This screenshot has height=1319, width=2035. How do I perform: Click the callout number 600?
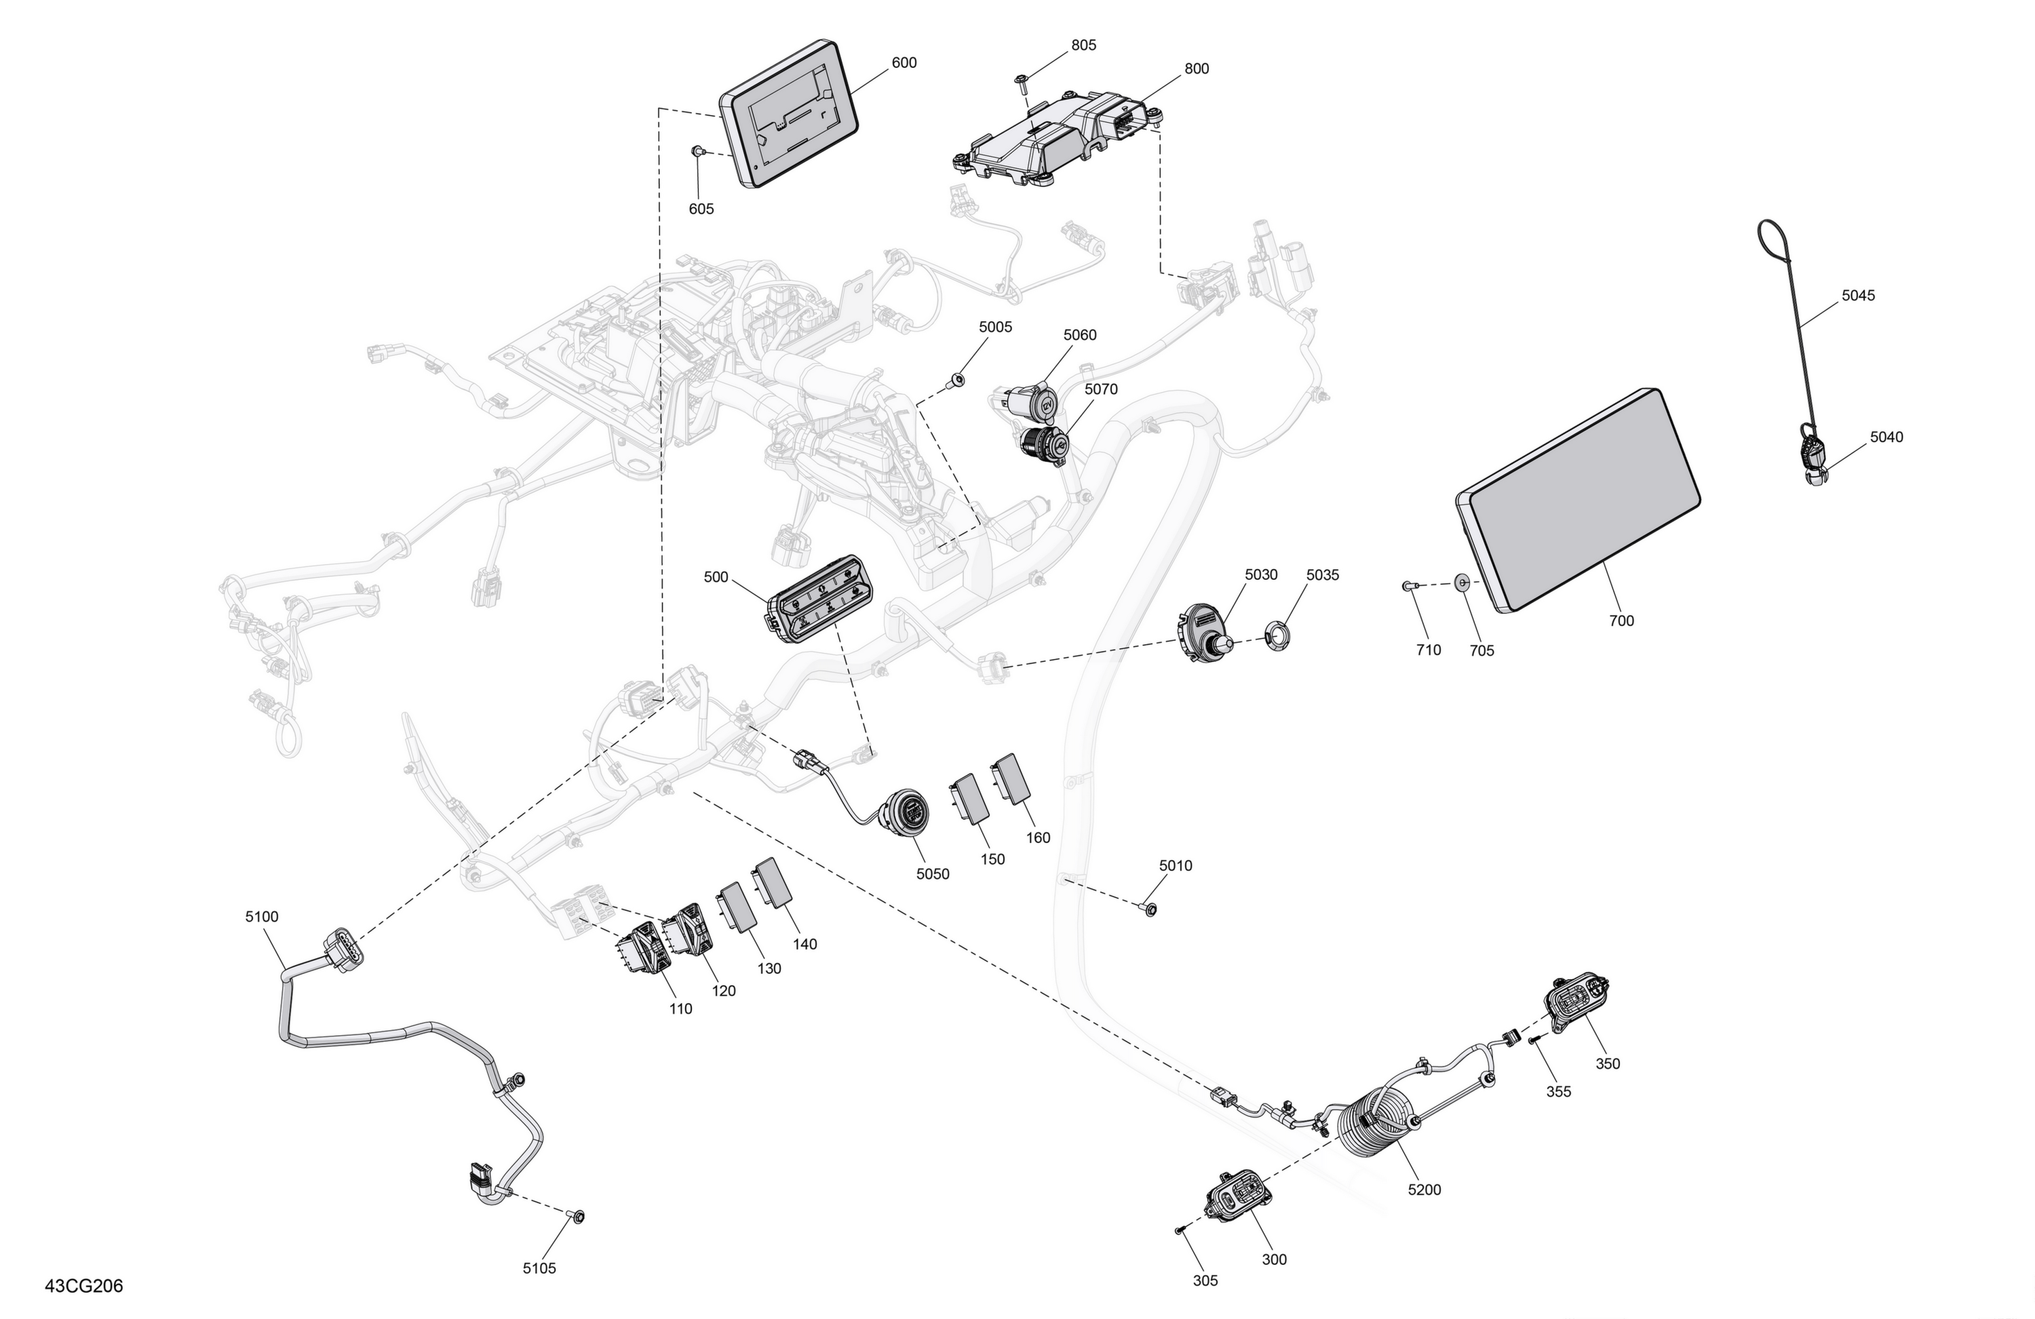pyautogui.click(x=904, y=62)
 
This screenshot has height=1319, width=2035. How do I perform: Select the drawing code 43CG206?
pyautogui.click(x=84, y=1286)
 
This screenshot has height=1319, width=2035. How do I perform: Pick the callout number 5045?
pyautogui.click(x=1858, y=296)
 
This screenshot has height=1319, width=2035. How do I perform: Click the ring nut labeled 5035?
pyautogui.click(x=1276, y=636)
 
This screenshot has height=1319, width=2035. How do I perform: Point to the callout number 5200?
pyautogui.click(x=1424, y=1189)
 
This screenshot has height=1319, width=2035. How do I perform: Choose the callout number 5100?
pyautogui.click(x=262, y=916)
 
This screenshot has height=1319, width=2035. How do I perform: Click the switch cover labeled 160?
pyautogui.click(x=1012, y=778)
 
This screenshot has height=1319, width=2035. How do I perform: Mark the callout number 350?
pyautogui.click(x=1608, y=1063)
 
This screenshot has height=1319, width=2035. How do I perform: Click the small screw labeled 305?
pyautogui.click(x=1180, y=1230)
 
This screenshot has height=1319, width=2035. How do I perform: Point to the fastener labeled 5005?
pyautogui.click(x=957, y=378)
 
